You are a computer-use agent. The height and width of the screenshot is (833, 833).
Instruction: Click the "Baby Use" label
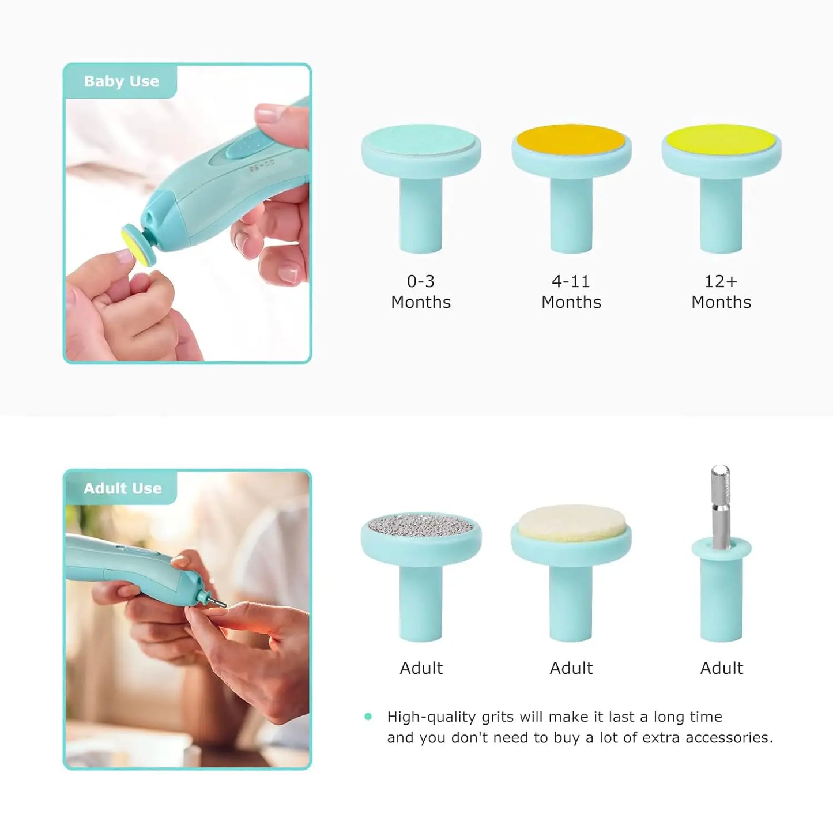pyautogui.click(x=122, y=81)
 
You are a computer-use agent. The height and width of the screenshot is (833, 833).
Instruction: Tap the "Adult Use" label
pyautogui.click(x=122, y=488)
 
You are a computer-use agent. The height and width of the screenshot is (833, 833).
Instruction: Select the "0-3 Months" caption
pyautogui.click(x=421, y=292)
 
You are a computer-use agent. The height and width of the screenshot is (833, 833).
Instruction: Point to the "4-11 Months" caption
pyautogui.click(x=571, y=292)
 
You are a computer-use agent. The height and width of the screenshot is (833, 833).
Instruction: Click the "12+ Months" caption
pyautogui.click(x=721, y=292)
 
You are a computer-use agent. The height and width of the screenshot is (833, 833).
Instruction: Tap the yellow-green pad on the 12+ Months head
pyautogui.click(x=721, y=138)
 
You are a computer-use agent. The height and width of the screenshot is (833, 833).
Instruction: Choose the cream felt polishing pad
pyautogui.click(x=571, y=523)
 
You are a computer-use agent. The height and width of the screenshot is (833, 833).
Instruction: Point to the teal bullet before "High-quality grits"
pyautogui.click(x=368, y=717)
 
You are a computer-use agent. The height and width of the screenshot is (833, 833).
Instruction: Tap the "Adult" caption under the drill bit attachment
pyautogui.click(x=721, y=668)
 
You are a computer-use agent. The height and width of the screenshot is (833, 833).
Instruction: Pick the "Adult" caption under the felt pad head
pyautogui.click(x=571, y=668)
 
